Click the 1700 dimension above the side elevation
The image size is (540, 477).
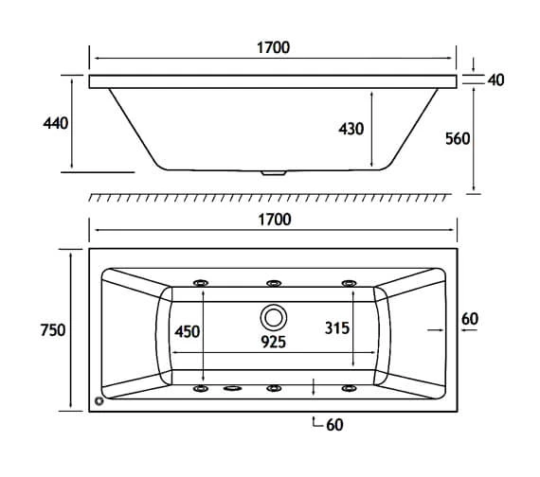pyautogui.click(x=273, y=47)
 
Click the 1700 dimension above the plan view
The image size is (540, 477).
pyautogui.click(x=275, y=220)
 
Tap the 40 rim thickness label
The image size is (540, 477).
pyautogui.click(x=495, y=79)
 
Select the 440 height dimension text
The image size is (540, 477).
pyautogui.click(x=56, y=123)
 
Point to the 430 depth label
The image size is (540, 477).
pyautogui.click(x=351, y=129)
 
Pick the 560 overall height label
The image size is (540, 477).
pyautogui.click(x=458, y=139)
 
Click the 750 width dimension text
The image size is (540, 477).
pyautogui.click(x=53, y=330)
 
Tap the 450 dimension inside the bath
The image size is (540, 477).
pyautogui.click(x=187, y=332)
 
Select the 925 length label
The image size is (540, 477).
pyautogui.click(x=273, y=342)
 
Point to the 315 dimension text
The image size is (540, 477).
pyautogui.click(x=337, y=328)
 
